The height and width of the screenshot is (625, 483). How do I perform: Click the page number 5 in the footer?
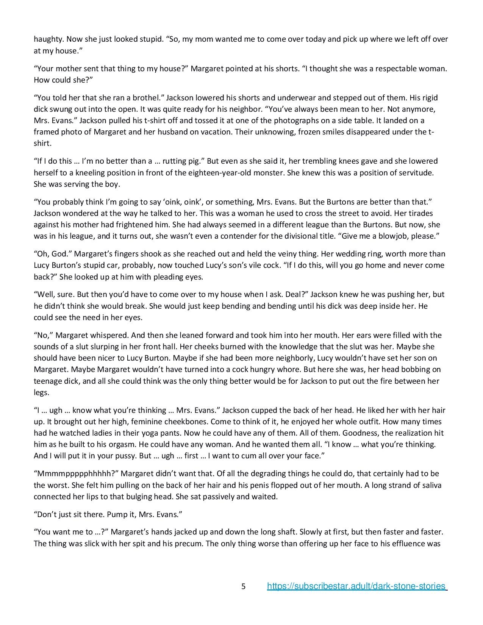pyautogui.click(x=244, y=587)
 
